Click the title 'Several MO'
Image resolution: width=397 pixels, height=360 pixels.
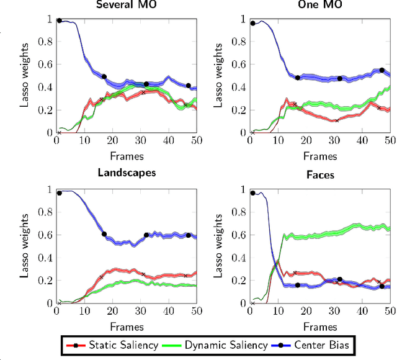pos(127,5)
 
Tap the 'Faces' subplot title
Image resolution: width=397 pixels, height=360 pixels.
pos(321,175)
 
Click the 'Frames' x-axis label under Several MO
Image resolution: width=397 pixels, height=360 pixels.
pos(127,156)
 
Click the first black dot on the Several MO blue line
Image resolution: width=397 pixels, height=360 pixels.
pos(60,20)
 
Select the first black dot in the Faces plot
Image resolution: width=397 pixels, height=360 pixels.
pos(253,193)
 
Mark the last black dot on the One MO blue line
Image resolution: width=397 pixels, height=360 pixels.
pos(382,70)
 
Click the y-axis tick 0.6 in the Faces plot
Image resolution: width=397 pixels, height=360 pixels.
pos(239,235)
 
